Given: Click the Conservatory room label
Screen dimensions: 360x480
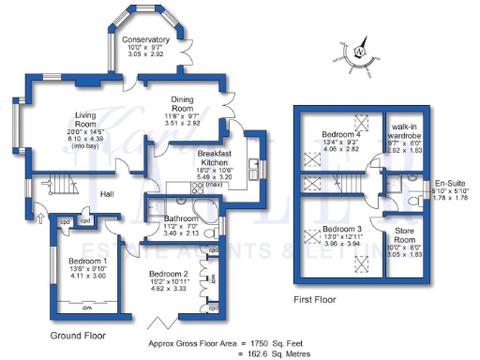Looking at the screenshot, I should (145, 40).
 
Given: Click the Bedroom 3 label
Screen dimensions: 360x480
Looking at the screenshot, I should (342, 229).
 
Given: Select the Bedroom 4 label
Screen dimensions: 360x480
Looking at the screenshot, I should (341, 132).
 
